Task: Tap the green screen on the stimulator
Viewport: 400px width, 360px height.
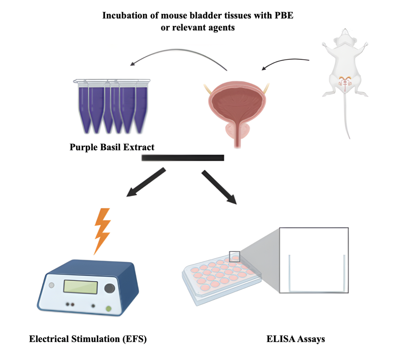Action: (x=81, y=287)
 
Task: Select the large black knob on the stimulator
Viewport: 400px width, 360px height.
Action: (x=109, y=288)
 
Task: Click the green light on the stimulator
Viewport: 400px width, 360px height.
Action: (x=108, y=309)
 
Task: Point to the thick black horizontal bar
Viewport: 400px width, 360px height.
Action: (x=183, y=157)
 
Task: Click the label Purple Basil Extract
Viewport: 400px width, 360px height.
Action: (x=112, y=147)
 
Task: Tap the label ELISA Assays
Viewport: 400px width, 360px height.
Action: (x=296, y=339)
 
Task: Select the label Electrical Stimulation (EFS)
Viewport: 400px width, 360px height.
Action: (x=88, y=339)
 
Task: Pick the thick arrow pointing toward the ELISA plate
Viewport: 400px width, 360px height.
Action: (x=219, y=187)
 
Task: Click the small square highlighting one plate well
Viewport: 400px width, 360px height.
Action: (x=235, y=256)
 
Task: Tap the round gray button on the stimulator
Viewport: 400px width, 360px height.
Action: (x=51, y=285)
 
